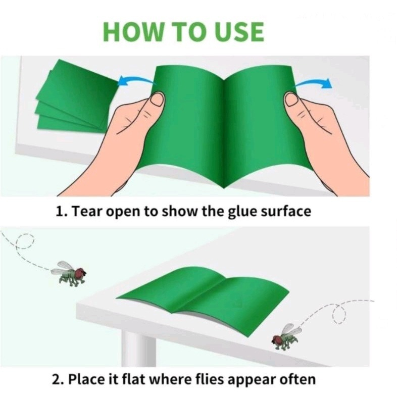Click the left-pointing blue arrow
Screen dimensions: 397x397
click(136, 80)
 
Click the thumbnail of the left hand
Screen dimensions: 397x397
click(157, 99)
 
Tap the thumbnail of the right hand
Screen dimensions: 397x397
click(291, 99)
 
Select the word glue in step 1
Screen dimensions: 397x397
click(242, 212)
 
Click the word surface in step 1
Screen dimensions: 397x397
click(286, 212)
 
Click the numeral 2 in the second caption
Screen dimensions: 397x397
click(57, 380)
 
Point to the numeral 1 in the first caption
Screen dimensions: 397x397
click(59, 212)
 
